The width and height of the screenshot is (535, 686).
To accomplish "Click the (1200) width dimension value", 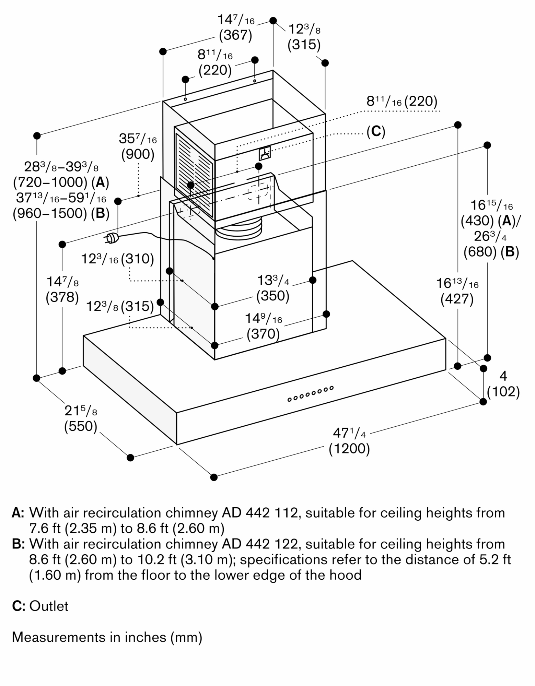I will (x=349, y=449).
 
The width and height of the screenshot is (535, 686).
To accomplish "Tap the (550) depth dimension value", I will (x=81, y=426).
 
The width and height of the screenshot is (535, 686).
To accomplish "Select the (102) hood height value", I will (x=503, y=392).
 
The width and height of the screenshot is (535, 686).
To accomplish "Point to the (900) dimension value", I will (x=138, y=154).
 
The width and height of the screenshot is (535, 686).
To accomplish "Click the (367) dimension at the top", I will (x=235, y=35).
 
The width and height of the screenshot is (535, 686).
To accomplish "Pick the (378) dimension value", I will (x=62, y=297).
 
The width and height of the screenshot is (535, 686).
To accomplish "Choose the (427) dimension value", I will (x=457, y=299).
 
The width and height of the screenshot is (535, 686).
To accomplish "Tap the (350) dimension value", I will (x=273, y=296).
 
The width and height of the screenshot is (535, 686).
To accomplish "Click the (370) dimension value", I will (x=263, y=334).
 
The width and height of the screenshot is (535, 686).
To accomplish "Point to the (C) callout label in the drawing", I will (x=376, y=131).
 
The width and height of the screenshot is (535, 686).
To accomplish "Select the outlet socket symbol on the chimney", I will (x=265, y=153).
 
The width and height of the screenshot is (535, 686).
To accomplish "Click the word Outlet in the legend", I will (x=49, y=606).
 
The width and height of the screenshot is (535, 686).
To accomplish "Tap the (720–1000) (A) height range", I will (x=61, y=182).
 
